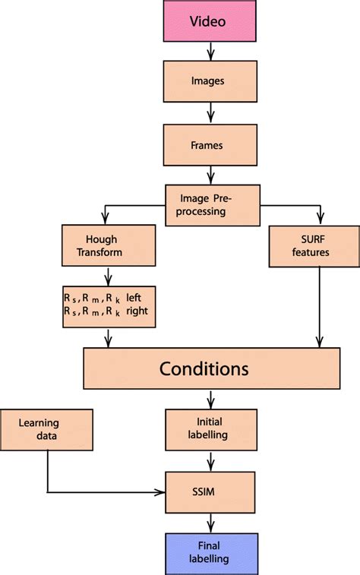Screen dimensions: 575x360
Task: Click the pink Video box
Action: tap(207, 21)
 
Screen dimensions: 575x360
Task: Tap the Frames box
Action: tap(207, 144)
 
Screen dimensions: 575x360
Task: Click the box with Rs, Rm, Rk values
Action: tap(108, 305)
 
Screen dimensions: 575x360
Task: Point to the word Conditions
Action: tap(204, 369)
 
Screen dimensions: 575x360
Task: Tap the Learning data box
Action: tap(47, 430)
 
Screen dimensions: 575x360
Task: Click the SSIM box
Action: tap(207, 492)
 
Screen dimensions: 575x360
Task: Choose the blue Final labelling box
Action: tap(207, 552)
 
